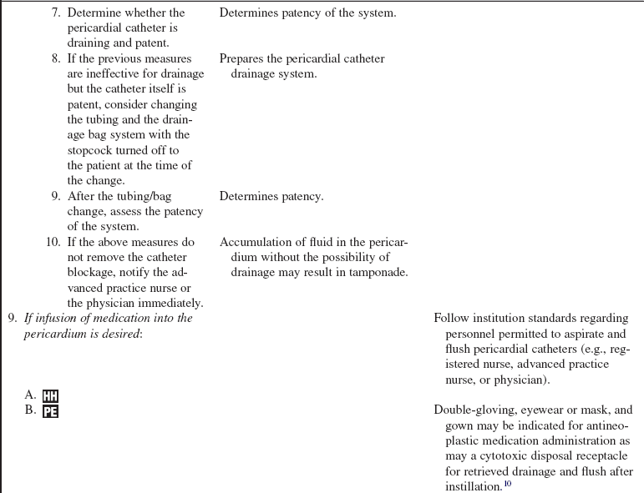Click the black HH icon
[50, 396]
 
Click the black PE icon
[50, 410]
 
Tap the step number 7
[56, 13]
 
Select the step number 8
[56, 58]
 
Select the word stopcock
[97, 150]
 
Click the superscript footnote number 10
[507, 484]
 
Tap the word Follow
[452, 318]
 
